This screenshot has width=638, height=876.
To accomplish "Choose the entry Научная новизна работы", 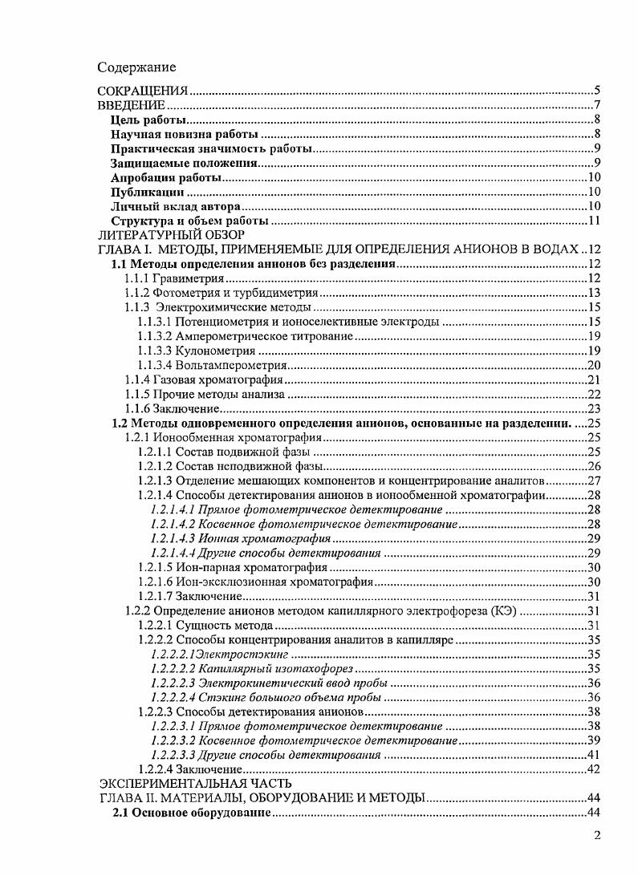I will (185, 135).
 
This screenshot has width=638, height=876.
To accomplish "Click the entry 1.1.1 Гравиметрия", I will (173, 278).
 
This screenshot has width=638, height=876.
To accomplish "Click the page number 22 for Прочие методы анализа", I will (595, 394).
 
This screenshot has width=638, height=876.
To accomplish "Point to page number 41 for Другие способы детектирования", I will (595, 755).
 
